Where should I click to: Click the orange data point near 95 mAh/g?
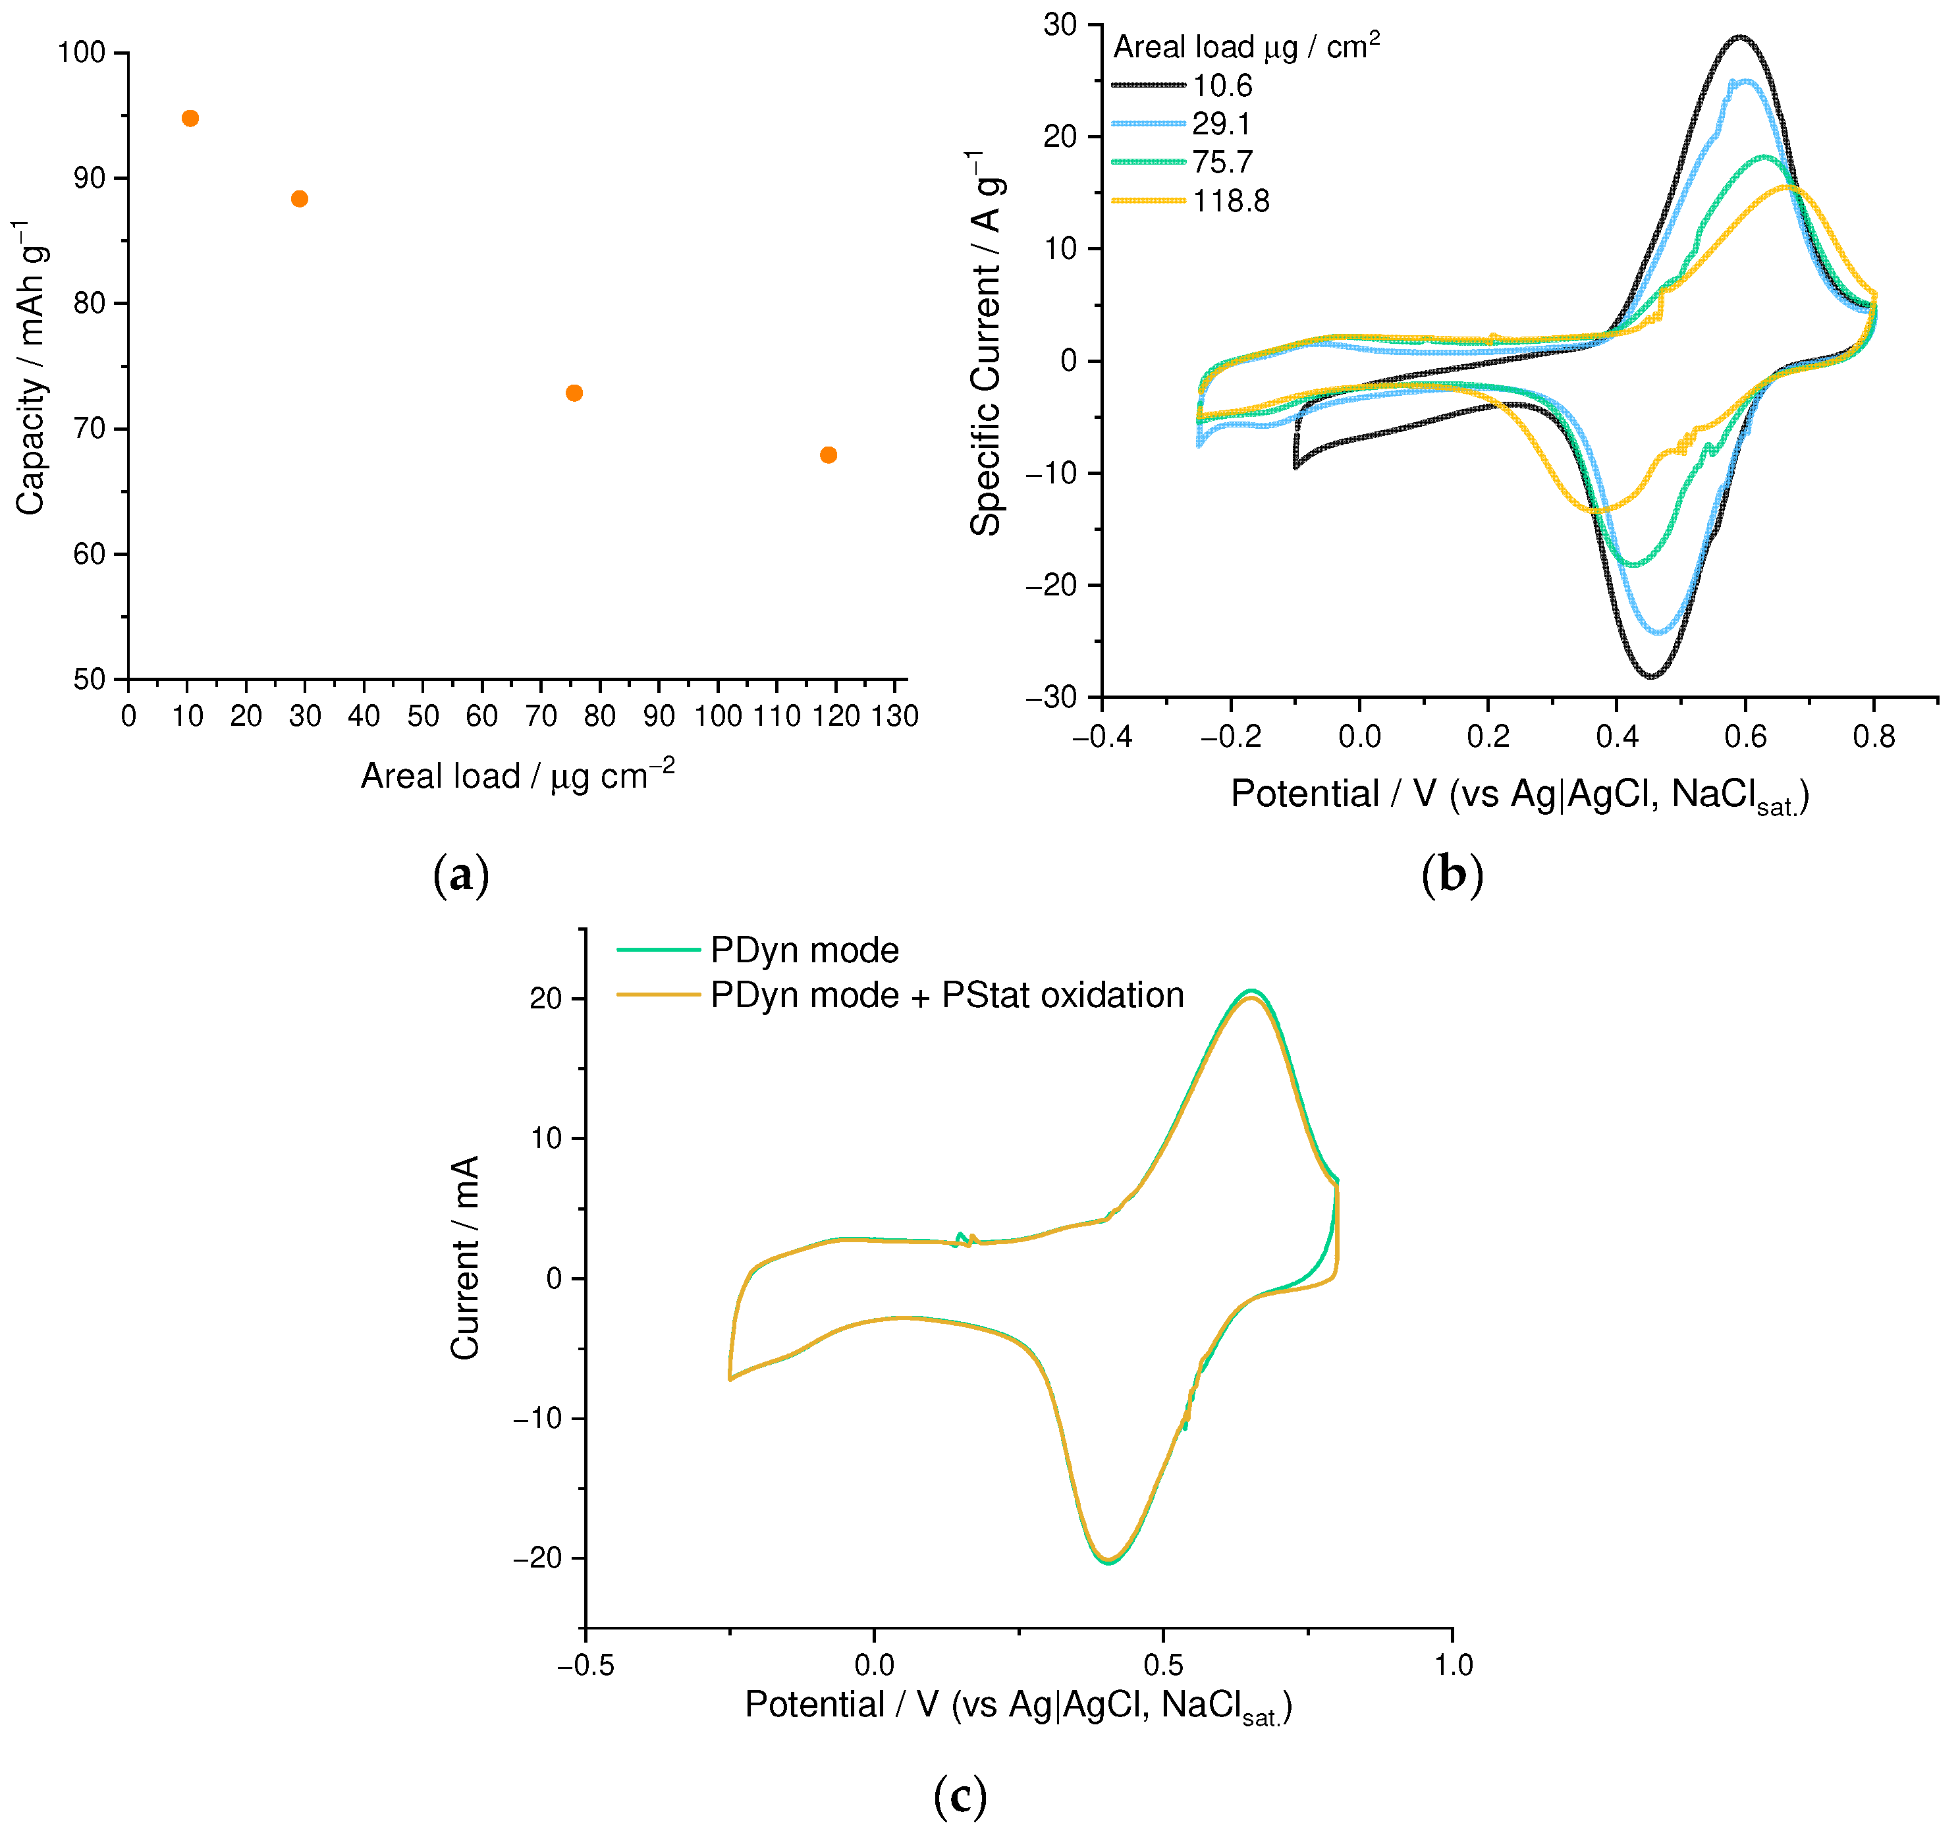(190, 119)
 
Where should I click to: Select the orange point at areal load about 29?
(300, 199)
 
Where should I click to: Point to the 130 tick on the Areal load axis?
(895, 717)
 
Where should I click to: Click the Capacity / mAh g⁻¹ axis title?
(32, 367)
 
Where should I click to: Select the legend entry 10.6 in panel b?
(1222, 86)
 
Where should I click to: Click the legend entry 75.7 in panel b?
(1222, 162)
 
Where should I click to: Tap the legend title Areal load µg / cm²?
(1246, 46)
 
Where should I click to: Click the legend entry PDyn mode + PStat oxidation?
(946, 995)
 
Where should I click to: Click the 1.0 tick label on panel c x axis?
(1452, 1666)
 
